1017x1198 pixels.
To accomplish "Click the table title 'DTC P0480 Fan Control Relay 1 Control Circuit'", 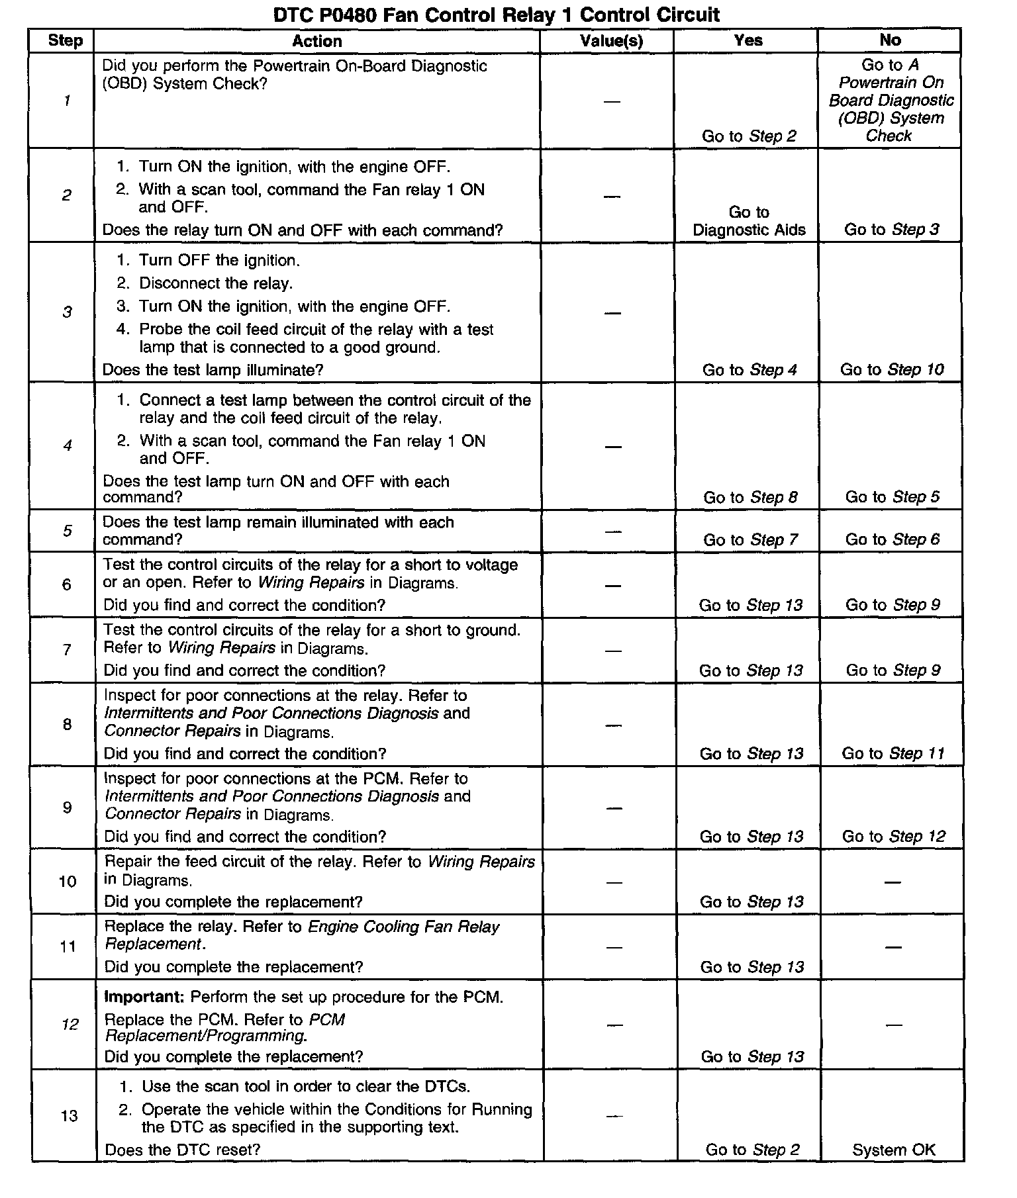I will pos(497,15).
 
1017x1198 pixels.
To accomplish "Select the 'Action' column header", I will pos(317,41).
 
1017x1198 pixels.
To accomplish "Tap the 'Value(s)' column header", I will pos(611,41).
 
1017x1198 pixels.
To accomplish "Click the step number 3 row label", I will pos(67,312).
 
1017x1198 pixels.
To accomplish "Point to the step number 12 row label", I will pos(70,1025).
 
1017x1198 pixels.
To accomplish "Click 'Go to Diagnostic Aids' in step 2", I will pos(749,221).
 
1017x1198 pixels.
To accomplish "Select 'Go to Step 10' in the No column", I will pos(892,369).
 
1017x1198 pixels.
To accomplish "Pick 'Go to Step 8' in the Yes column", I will pos(750,497).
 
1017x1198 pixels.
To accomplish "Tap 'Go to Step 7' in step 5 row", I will pos(750,539).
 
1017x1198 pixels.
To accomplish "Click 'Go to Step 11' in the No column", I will pos(893,753).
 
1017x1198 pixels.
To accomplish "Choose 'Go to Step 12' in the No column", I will pos(893,836).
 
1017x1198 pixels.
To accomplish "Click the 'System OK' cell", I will pos(894,1150).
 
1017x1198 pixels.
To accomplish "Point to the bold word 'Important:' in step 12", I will pos(144,997).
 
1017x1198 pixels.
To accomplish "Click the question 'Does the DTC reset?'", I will pos(183,1150).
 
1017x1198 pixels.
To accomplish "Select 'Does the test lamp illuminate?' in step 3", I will pos(213,370).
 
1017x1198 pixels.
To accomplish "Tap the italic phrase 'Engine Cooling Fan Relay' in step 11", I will pos(404,927).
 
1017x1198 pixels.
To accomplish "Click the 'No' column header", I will pos(890,40).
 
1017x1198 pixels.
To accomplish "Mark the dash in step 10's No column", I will pos(893,882).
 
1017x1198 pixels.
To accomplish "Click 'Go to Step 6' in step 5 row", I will pos(893,539).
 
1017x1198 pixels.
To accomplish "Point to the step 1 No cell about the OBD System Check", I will pos(891,100).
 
